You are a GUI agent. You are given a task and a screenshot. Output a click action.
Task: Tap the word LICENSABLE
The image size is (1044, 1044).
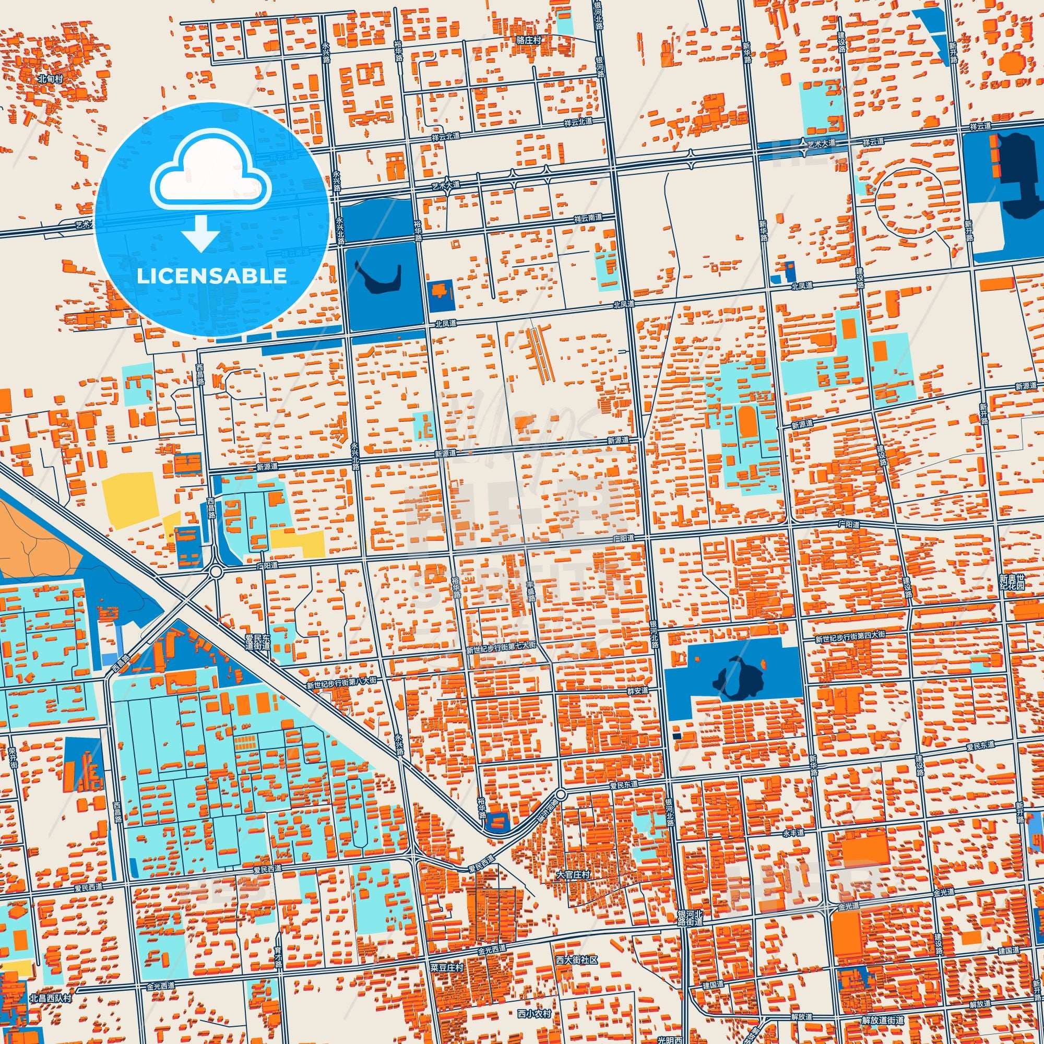tap(212, 276)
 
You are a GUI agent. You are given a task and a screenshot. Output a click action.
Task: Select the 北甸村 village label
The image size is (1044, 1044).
tap(51, 78)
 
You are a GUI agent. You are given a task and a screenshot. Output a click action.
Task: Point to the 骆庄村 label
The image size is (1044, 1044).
tap(528, 41)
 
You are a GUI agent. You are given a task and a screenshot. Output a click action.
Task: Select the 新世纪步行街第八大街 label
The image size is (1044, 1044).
tap(341, 684)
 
